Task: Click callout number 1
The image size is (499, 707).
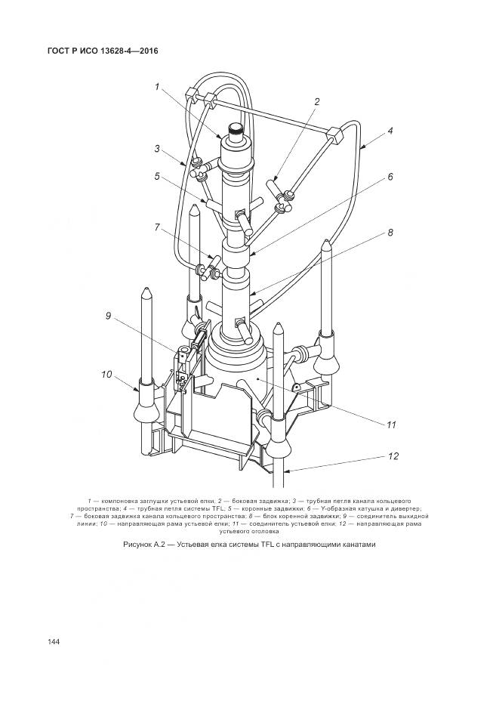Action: tap(157, 87)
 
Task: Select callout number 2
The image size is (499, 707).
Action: tap(317, 101)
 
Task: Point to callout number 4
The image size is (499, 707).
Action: tap(390, 131)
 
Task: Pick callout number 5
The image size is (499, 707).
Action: tap(157, 177)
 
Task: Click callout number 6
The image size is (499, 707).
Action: tap(390, 177)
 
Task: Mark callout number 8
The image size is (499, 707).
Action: tap(390, 233)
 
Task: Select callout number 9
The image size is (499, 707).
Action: tap(109, 316)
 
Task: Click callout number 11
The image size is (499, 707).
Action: tap(391, 425)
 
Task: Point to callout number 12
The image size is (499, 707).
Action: tap(391, 456)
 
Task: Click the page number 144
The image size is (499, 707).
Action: tap(54, 641)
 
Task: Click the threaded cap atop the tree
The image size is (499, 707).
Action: tap(237, 130)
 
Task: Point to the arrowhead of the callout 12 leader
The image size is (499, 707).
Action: tap(288, 471)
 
